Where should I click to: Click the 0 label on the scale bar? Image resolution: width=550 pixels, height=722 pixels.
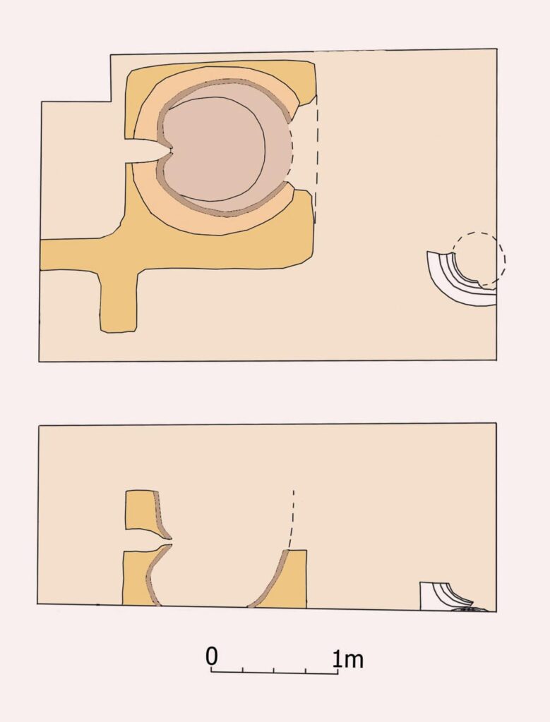(x=212, y=656)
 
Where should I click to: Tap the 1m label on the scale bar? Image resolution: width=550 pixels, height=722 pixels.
(x=348, y=659)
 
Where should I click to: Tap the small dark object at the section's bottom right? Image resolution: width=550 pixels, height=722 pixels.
(x=470, y=609)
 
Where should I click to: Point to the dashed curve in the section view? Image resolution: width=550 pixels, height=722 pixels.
(x=292, y=520)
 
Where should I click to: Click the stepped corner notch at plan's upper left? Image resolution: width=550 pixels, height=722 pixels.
(x=110, y=102)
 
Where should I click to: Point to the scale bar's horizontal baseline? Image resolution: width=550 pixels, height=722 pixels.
(x=275, y=673)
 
